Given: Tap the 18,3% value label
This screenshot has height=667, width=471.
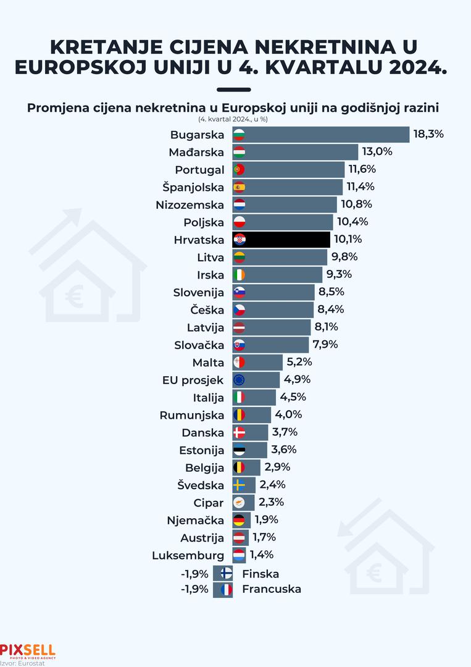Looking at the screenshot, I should pyautogui.click(x=429, y=134).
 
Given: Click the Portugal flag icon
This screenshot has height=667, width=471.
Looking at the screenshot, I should pyautogui.click(x=240, y=169).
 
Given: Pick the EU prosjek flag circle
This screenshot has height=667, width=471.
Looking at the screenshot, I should pyautogui.click(x=240, y=380).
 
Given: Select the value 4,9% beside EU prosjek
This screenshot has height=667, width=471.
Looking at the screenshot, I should pyautogui.click(x=296, y=379).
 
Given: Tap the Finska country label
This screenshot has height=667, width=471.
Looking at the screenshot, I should pyautogui.click(x=261, y=574).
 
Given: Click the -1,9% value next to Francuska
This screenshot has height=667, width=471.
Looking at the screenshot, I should pyautogui.click(x=194, y=589).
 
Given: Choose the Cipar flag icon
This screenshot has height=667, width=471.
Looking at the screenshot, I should pyautogui.click(x=240, y=502).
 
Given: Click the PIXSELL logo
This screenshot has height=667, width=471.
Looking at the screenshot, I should pyautogui.click(x=28, y=650).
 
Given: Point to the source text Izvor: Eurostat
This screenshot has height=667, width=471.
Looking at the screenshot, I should pyautogui.click(x=18, y=663).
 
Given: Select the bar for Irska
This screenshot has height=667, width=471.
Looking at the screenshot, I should pyautogui.click(x=278, y=275).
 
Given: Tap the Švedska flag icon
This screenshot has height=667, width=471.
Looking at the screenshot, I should pyautogui.click(x=240, y=485).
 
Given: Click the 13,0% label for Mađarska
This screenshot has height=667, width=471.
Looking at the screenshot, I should pyautogui.click(x=377, y=151).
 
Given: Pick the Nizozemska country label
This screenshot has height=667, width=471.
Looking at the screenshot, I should pyautogui.click(x=190, y=204).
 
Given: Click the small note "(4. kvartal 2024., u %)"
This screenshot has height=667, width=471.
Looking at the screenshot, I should pyautogui.click(x=237, y=119).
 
